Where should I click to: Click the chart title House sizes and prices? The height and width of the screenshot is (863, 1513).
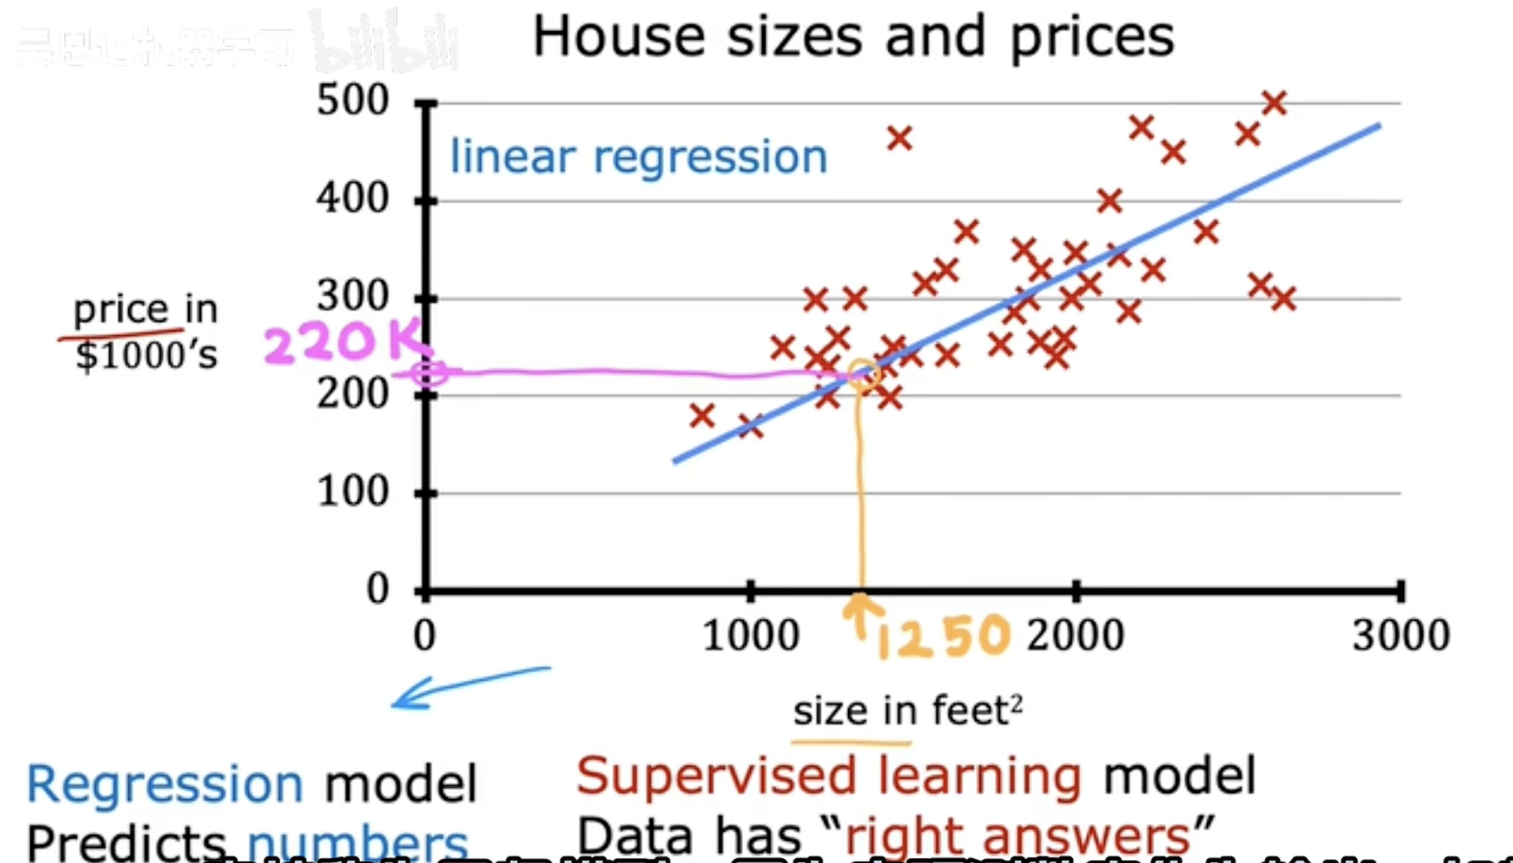pos(853,37)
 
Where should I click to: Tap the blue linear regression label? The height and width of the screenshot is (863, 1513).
pos(638,157)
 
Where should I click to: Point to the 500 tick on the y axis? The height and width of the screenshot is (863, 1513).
pos(353,100)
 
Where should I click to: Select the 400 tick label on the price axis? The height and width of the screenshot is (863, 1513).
pos(353,198)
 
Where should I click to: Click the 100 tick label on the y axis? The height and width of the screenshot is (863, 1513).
pos(353,492)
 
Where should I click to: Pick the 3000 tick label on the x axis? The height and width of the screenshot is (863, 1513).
pos(1400,636)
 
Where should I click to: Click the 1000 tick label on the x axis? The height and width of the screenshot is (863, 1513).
pos(750,636)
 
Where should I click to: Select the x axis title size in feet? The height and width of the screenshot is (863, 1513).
pos(907,711)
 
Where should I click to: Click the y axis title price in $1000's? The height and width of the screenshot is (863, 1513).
pos(146,332)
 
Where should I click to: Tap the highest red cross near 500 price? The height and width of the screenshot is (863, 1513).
pos(1274,103)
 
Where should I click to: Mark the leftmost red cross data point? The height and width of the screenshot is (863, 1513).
pos(702,416)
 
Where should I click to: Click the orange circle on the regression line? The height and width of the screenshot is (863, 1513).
pos(862,375)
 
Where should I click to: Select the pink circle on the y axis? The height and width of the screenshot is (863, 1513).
pos(429,373)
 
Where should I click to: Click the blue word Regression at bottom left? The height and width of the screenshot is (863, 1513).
pos(165,784)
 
